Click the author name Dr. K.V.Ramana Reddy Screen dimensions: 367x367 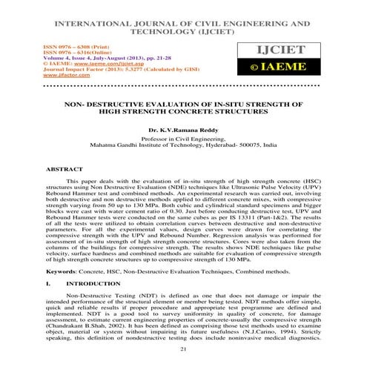[184, 129]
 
